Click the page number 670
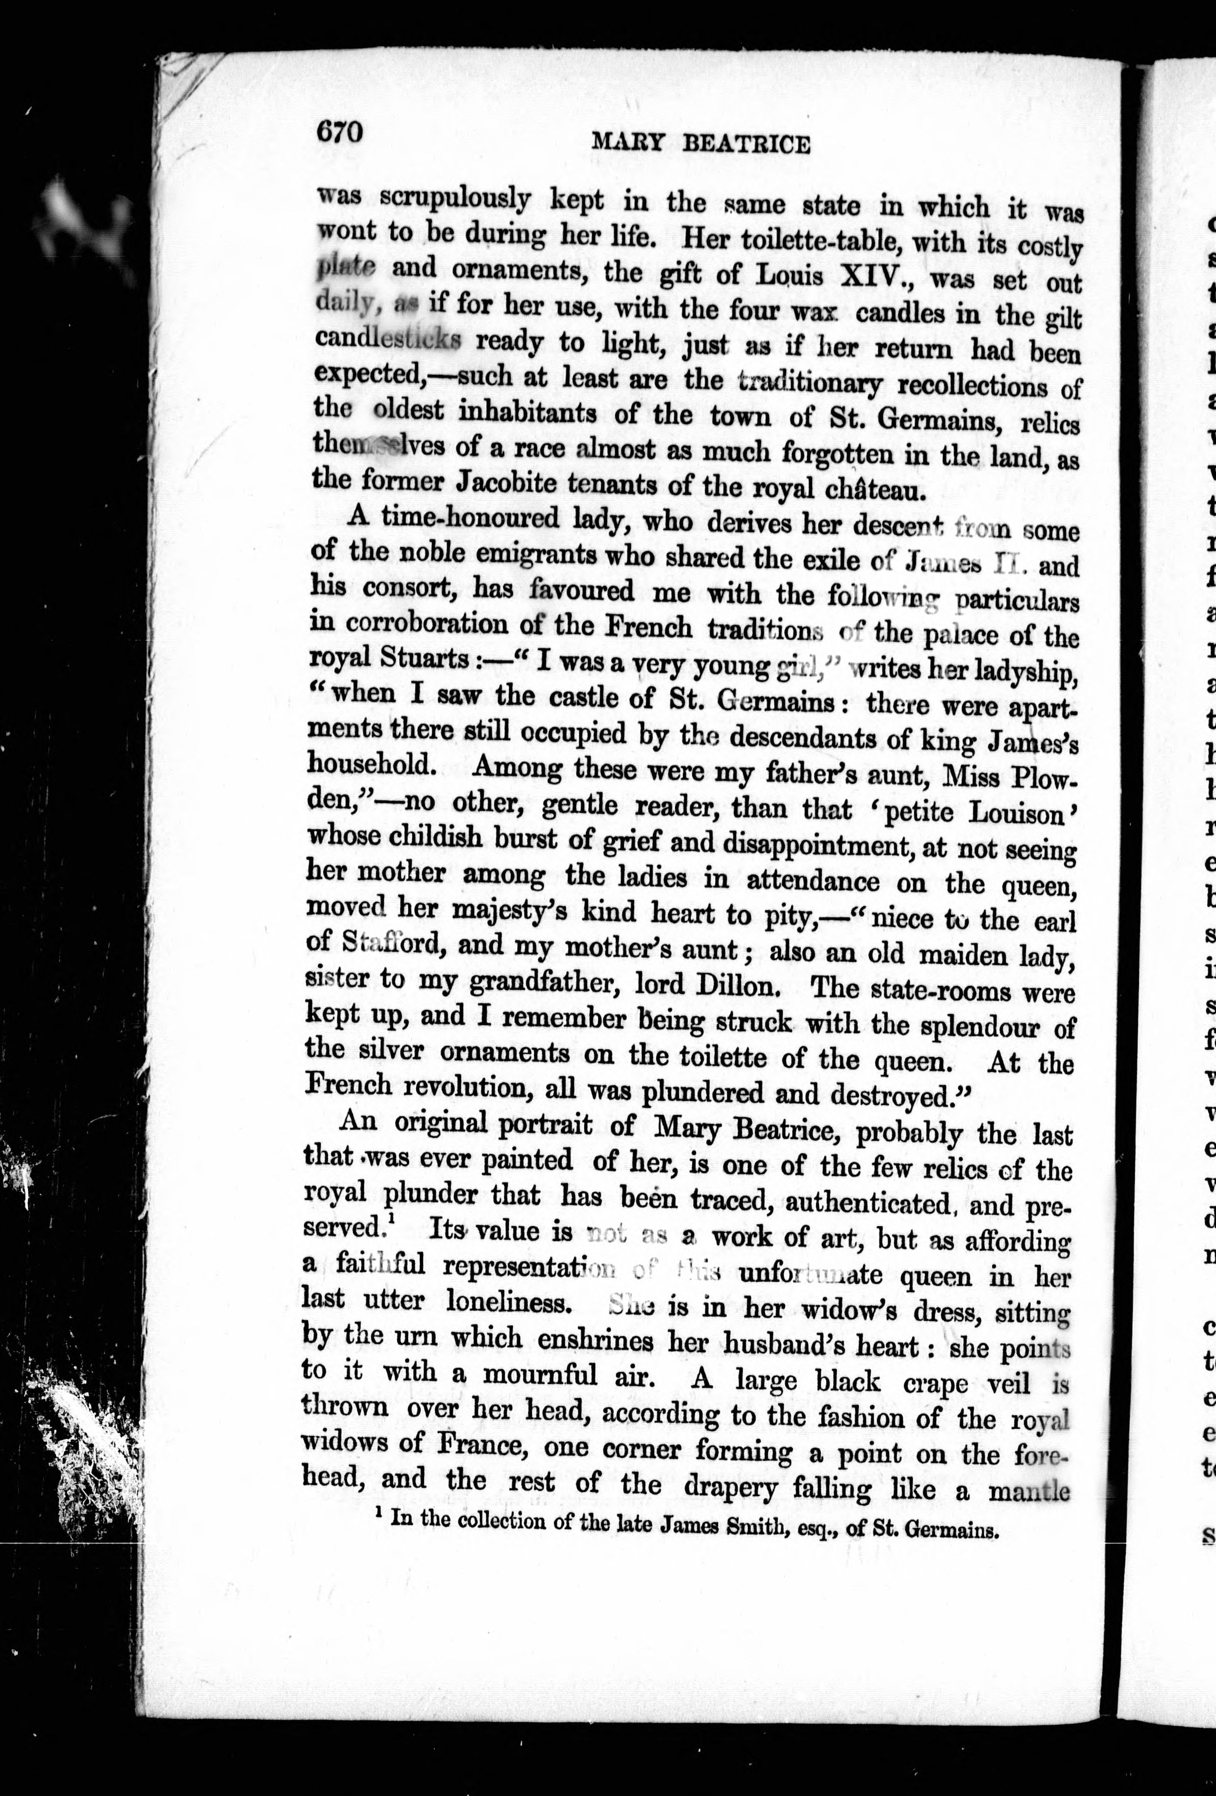tap(339, 132)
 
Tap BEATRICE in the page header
tap(747, 144)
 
